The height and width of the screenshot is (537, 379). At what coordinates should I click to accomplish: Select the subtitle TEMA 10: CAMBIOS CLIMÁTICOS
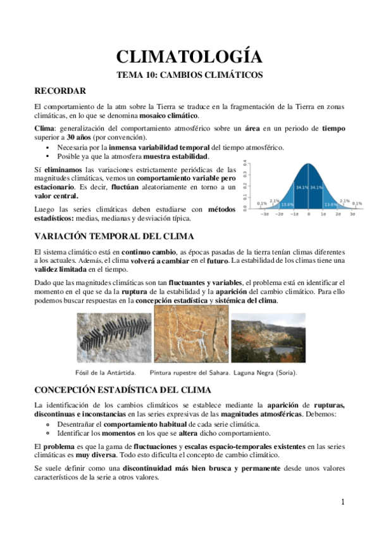[x=189, y=75]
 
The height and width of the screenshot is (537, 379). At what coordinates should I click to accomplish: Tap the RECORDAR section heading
[x=60, y=91]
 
